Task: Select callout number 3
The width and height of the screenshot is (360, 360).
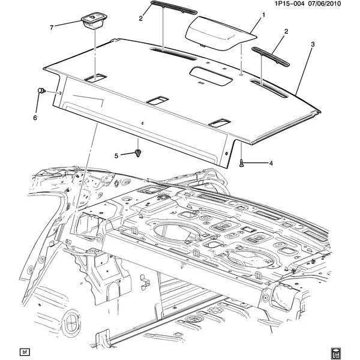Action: point(312,44)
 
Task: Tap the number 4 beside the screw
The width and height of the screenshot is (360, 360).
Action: point(271,163)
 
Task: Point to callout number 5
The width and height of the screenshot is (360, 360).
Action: point(117,155)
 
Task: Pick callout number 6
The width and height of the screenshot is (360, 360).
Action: point(35,118)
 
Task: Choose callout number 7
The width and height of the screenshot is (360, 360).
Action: point(52,28)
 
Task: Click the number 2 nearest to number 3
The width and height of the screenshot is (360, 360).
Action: point(286,31)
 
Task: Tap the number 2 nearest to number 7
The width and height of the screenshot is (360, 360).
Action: point(140,19)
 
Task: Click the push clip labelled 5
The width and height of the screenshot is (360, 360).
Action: point(137,154)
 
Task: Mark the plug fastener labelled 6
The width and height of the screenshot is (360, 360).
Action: point(42,91)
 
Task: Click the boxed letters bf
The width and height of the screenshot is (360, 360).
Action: point(25,352)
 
